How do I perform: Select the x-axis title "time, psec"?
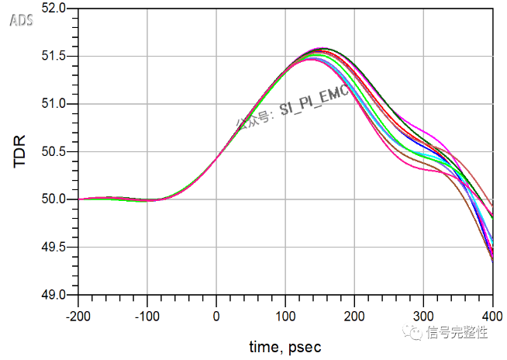click(285, 346)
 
